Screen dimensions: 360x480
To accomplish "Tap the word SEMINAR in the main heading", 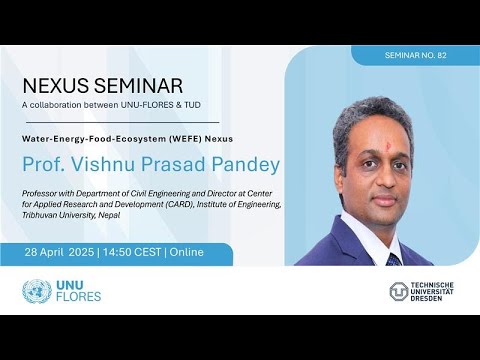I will pyautogui.click(x=140, y=86).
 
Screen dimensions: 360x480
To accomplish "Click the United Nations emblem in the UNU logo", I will pyautogui.click(x=36, y=292).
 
